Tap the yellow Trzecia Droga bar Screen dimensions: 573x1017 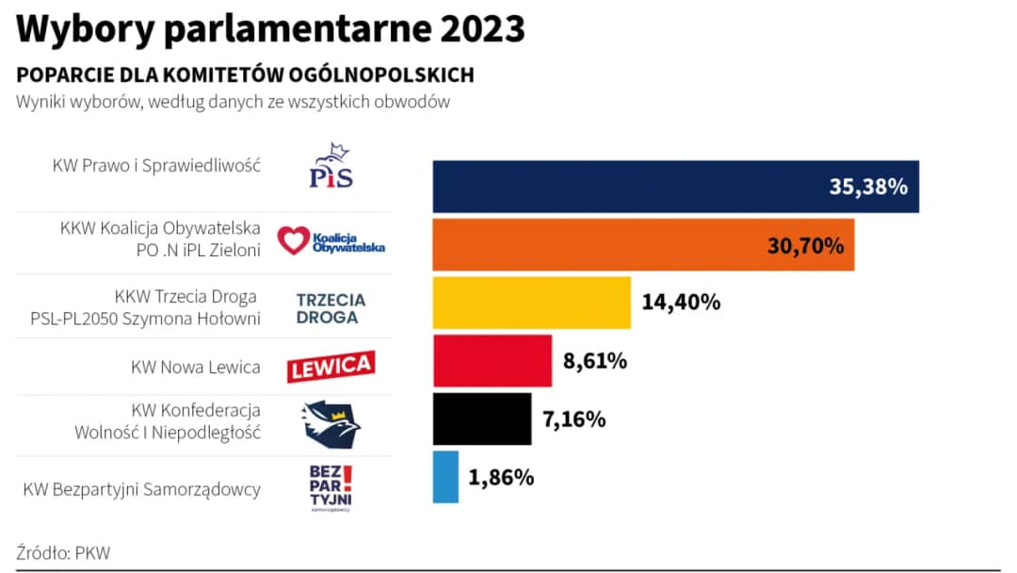click(x=531, y=303)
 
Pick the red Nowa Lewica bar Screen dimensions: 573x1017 click(x=492, y=361)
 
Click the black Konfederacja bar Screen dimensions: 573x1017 click(x=481, y=419)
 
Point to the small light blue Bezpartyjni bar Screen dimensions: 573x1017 click(x=445, y=477)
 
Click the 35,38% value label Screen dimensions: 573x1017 click(x=867, y=187)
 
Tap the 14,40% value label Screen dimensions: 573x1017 click(x=681, y=303)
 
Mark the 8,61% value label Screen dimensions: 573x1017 click(x=595, y=361)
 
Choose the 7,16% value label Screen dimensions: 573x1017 click(x=573, y=419)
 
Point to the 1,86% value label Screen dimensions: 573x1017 click(x=501, y=478)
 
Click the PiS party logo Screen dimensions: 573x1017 click(x=331, y=167)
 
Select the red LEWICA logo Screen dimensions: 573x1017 click(x=331, y=367)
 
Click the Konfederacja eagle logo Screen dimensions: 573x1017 click(x=331, y=423)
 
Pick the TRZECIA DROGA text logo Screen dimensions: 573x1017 click(x=331, y=308)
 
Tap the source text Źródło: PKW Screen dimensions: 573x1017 click(x=63, y=553)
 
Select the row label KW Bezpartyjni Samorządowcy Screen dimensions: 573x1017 click(x=141, y=490)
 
